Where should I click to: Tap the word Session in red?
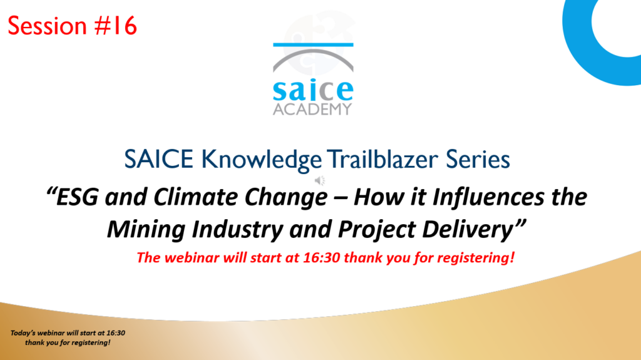click(x=48, y=26)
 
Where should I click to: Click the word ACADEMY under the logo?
click(x=313, y=109)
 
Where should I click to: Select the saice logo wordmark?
click(x=313, y=90)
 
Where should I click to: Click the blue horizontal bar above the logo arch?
click(x=313, y=44)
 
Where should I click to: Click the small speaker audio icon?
click(x=320, y=180)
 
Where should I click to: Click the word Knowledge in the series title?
click(x=262, y=160)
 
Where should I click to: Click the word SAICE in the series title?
click(x=158, y=159)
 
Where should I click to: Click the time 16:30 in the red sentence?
click(x=321, y=258)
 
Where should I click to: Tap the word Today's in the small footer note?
click(x=23, y=333)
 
